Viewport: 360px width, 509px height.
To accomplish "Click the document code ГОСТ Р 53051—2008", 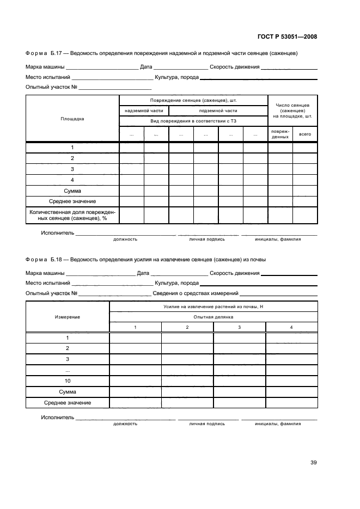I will pos(286,37).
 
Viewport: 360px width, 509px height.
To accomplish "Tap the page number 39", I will pos(313,463).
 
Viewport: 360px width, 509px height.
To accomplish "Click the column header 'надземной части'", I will pos(144,111).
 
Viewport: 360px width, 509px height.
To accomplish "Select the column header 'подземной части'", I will pos(218,111).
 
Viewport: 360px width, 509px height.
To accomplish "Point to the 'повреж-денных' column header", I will pos(280,134).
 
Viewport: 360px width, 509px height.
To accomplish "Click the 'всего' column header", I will pos(305,132).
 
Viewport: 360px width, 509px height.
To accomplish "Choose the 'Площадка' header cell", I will pos(72,119).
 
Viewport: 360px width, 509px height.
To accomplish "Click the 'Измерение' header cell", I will pos(68,317).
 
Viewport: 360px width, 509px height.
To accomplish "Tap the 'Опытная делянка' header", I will pos(213,317).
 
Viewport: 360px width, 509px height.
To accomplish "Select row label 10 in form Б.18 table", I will pos(68,381).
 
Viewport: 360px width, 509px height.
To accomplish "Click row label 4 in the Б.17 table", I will pos(72,180).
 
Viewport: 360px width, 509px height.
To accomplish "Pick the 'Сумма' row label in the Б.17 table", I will pos(72,191).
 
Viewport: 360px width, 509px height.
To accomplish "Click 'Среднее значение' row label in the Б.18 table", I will pos(68,403).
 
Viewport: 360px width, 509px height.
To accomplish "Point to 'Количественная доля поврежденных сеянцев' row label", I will pos(72,215).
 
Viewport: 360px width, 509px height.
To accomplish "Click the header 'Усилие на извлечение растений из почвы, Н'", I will pos(213,307).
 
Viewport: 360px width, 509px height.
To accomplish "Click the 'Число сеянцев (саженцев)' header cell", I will pos(292,111).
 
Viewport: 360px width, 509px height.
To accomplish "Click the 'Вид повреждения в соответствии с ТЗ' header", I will pos(193,120).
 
